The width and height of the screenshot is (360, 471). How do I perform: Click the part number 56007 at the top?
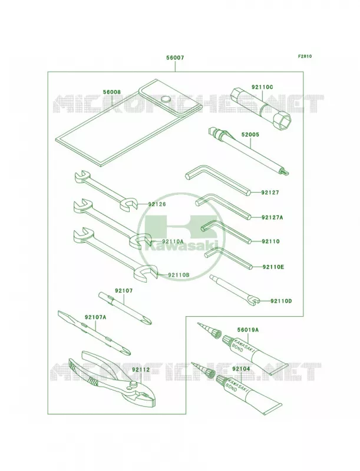tap(175, 58)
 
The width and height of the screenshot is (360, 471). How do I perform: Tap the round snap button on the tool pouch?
tap(166, 99)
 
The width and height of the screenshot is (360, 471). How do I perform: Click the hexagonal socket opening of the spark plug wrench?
tap(283, 122)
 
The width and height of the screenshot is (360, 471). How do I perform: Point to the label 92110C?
tap(262, 87)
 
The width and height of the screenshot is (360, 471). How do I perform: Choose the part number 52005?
tap(250, 135)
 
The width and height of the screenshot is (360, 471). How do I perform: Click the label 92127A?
tap(272, 217)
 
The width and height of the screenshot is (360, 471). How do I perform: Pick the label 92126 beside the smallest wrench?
tap(157, 204)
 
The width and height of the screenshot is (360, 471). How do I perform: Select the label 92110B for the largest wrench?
tap(179, 274)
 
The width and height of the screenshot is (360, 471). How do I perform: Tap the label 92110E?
tap(273, 267)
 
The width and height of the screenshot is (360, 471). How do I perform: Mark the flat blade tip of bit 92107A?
tap(61, 314)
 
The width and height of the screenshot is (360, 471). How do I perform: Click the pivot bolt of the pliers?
tap(133, 384)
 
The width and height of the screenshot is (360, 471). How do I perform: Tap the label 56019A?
tap(248, 330)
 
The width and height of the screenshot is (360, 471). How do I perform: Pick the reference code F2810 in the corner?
tap(305, 56)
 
